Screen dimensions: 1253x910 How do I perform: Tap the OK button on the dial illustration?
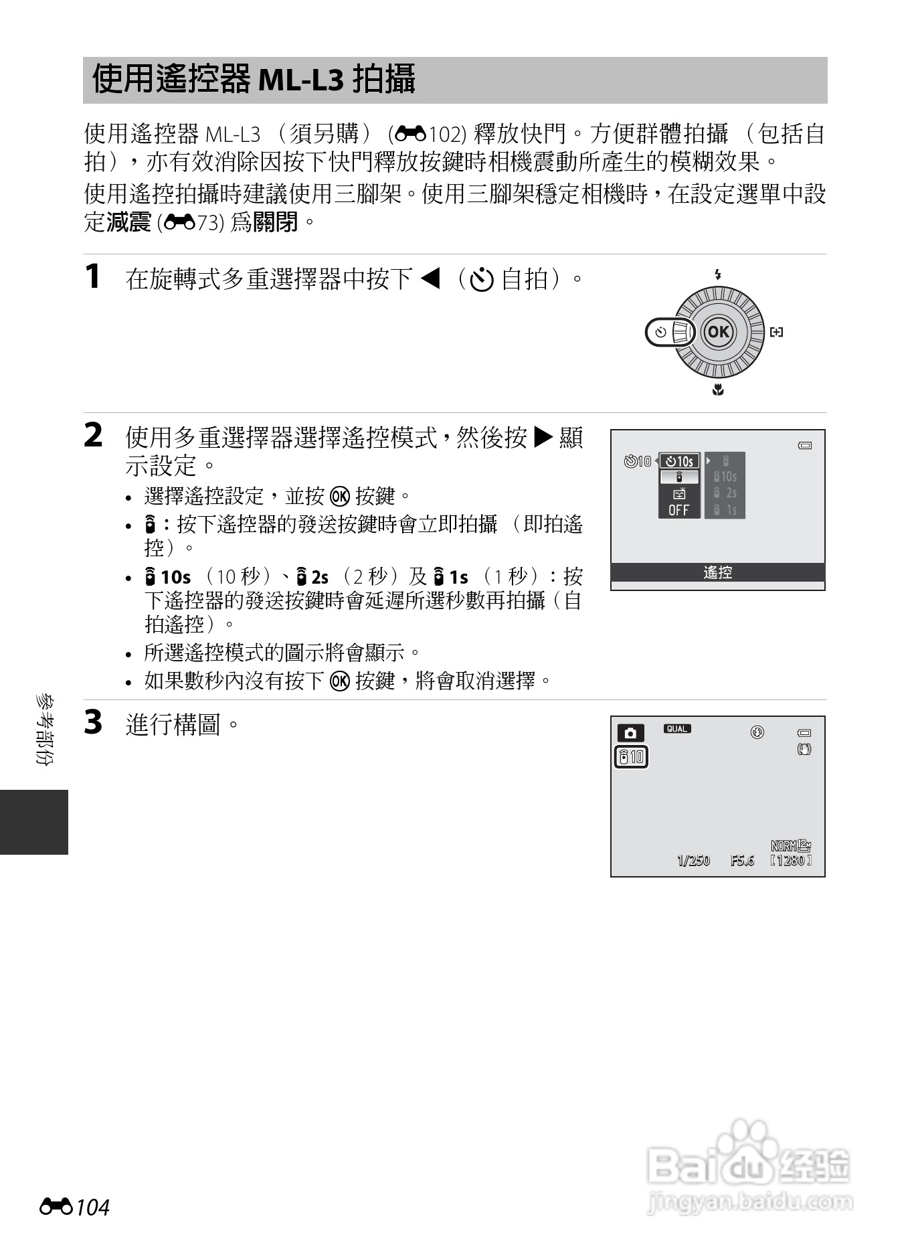click(x=718, y=332)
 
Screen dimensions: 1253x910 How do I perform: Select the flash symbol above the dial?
click(x=718, y=274)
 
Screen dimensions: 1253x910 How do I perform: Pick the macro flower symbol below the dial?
click(x=718, y=390)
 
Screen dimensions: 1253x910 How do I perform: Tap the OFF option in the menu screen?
click(x=678, y=510)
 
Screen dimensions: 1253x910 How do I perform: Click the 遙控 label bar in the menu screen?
click(x=717, y=572)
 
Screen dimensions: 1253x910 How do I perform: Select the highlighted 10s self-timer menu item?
click(x=679, y=461)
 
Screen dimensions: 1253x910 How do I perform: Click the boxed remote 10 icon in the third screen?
click(x=631, y=757)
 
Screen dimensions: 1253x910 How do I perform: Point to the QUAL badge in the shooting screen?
click(x=677, y=729)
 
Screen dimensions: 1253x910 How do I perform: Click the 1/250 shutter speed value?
click(x=693, y=861)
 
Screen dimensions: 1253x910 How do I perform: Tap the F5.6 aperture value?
click(x=742, y=861)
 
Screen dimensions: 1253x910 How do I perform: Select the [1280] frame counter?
click(x=791, y=861)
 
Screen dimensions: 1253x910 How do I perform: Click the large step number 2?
click(x=94, y=436)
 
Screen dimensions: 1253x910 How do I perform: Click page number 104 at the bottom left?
click(x=92, y=1207)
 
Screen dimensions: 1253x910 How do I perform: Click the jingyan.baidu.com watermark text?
click(x=749, y=1202)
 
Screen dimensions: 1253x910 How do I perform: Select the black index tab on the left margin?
click(x=33, y=822)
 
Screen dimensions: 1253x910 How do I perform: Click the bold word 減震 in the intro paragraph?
click(x=129, y=222)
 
